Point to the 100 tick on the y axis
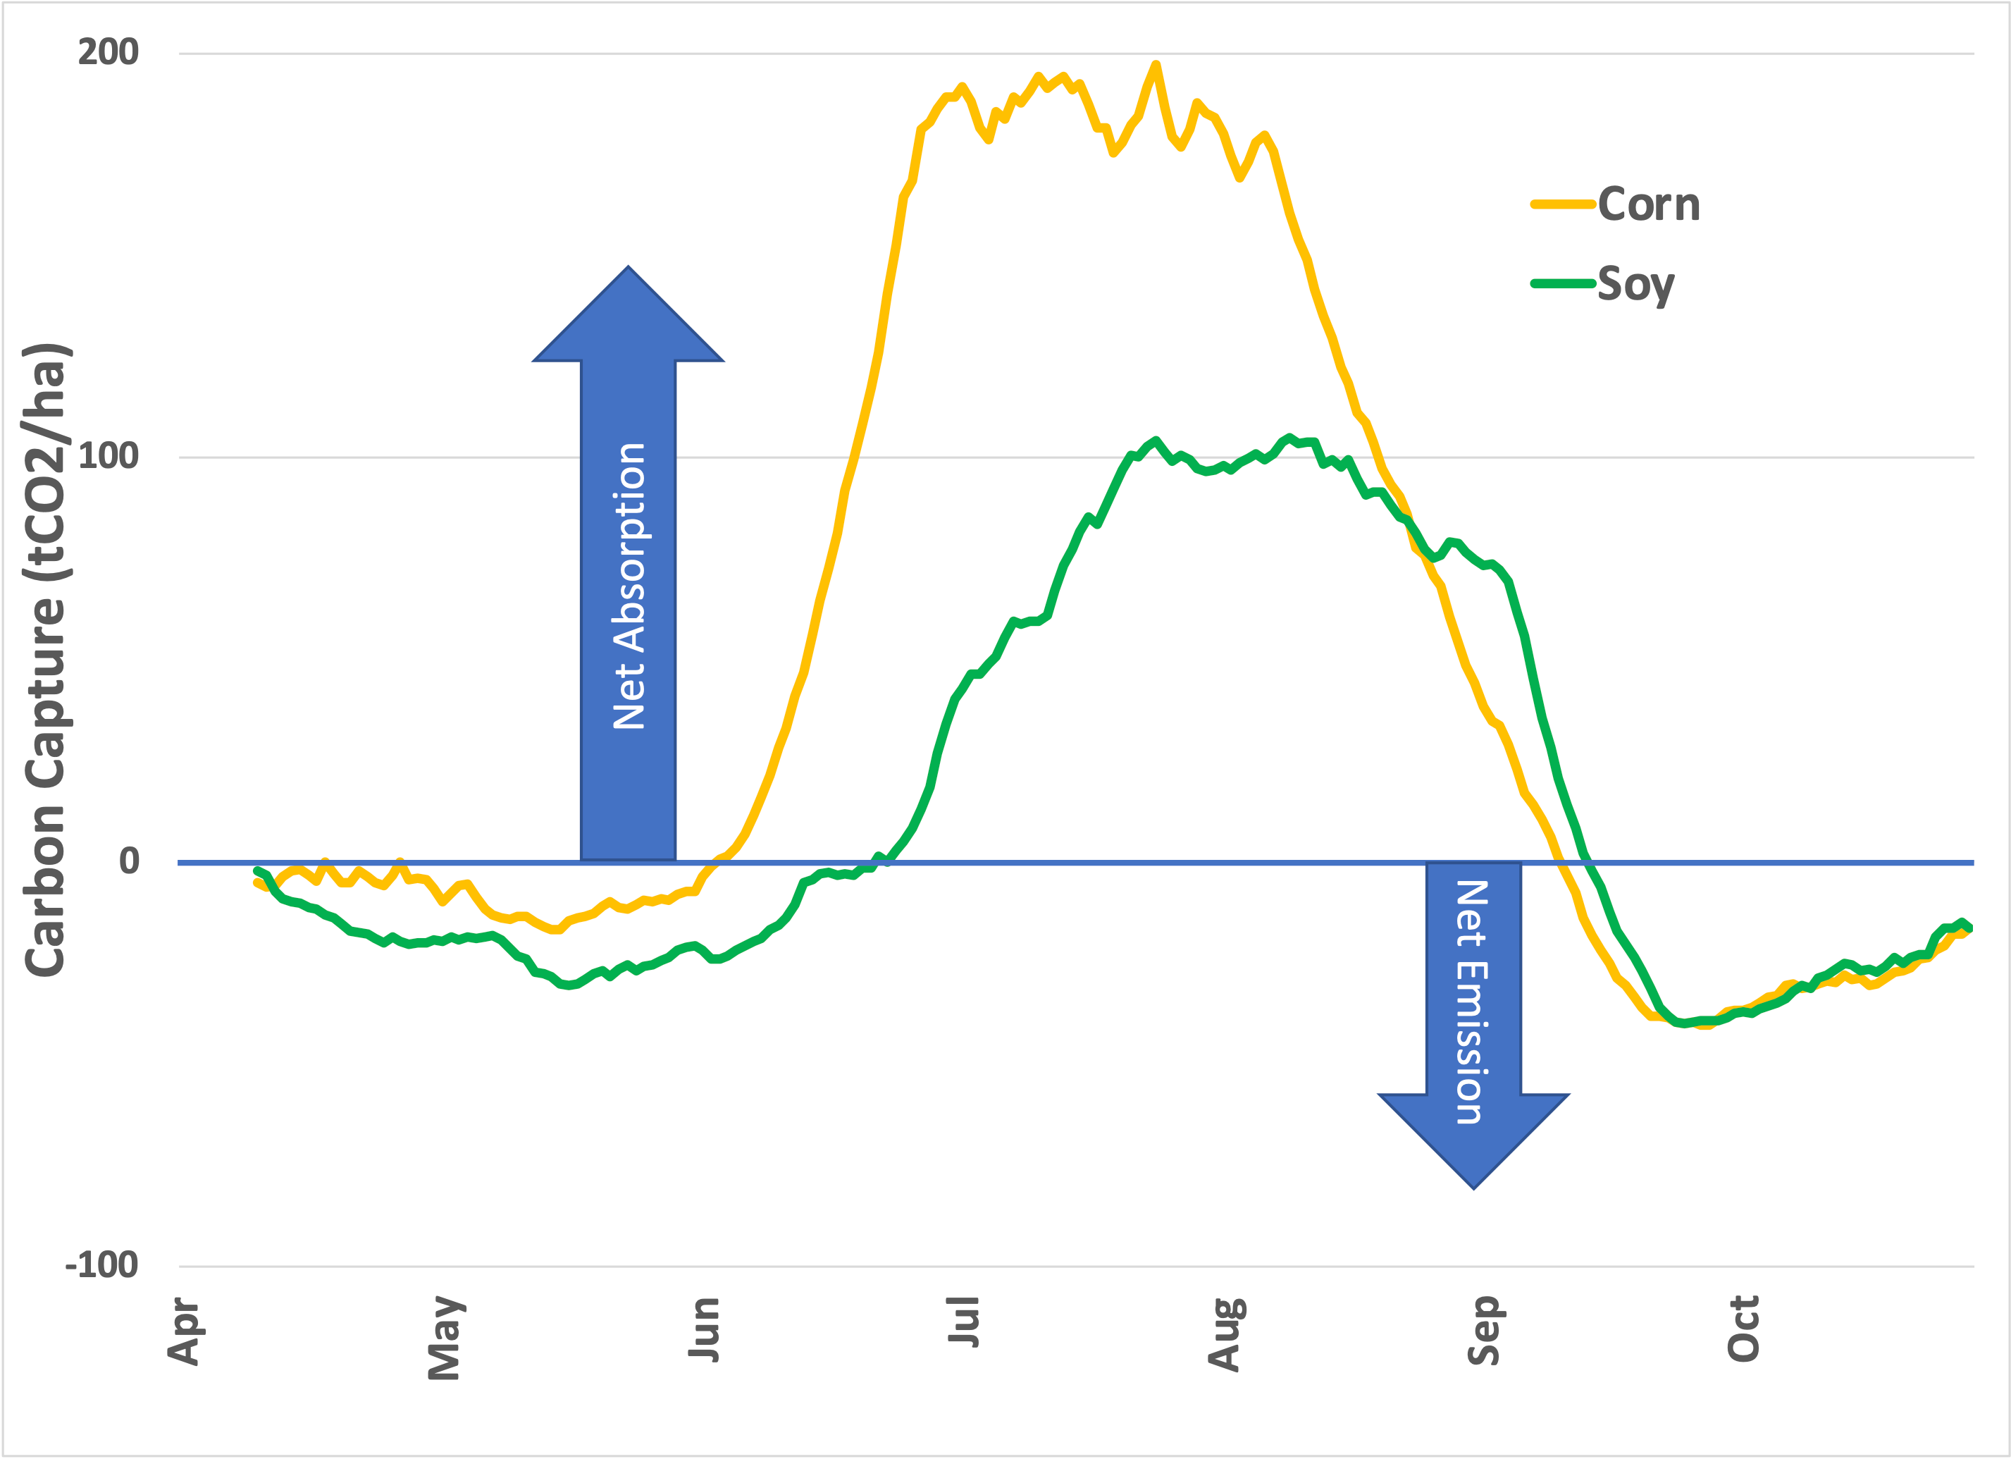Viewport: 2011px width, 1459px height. [109, 457]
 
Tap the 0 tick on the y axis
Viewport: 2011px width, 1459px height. [130, 861]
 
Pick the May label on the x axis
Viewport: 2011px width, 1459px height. [445, 1338]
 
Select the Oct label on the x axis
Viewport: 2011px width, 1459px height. [1743, 1328]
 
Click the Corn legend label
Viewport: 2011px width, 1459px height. [1650, 205]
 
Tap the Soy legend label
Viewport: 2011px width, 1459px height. [1636, 285]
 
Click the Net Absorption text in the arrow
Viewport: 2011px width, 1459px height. [629, 586]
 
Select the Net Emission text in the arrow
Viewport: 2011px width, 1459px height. [1471, 1002]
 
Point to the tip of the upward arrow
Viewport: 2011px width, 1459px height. [629, 267]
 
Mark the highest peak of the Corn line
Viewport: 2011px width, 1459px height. [1156, 64]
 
